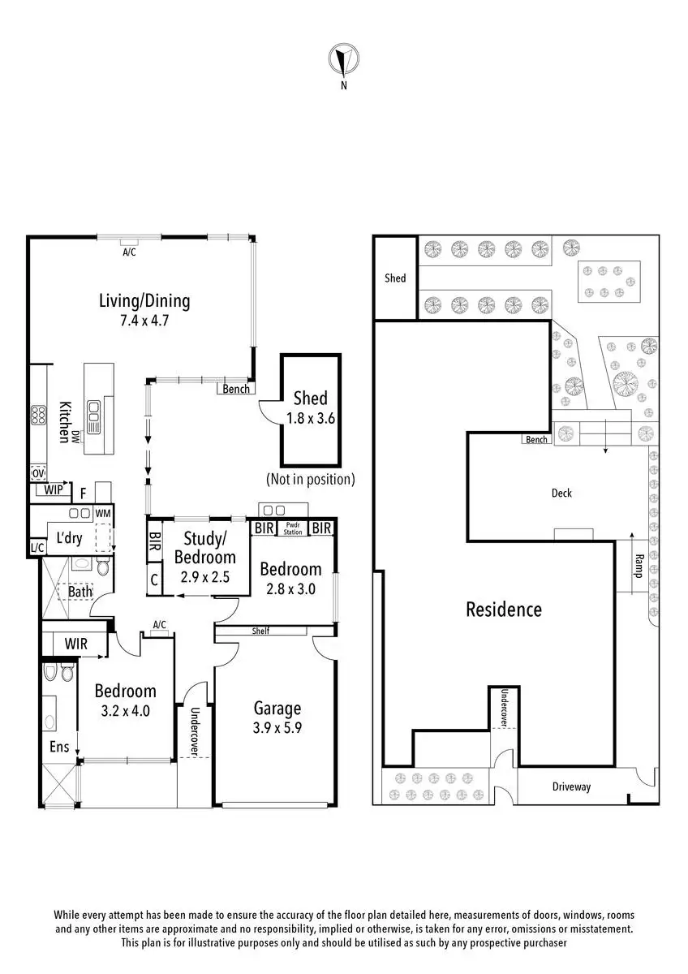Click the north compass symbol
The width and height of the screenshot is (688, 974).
click(x=343, y=60)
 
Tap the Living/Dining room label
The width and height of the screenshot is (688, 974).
click(x=144, y=301)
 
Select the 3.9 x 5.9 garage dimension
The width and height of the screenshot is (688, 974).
click(x=277, y=728)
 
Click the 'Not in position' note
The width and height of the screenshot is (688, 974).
click(x=311, y=479)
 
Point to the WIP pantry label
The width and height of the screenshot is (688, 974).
click(x=54, y=490)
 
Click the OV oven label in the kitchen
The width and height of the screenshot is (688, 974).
click(x=38, y=473)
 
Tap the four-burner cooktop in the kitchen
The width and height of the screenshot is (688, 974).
click(x=38, y=416)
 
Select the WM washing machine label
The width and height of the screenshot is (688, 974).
click(x=103, y=513)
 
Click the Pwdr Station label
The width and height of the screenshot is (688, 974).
click(x=293, y=528)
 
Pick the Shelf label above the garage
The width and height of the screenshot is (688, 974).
click(x=260, y=631)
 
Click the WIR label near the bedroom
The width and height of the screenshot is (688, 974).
click(x=75, y=644)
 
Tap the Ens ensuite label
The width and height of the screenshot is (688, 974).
click(x=59, y=747)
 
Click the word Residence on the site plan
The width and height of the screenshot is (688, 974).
click(x=503, y=609)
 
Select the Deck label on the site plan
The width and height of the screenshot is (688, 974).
click(x=561, y=493)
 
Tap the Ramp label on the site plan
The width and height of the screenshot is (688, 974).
click(x=639, y=566)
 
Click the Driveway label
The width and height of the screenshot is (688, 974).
click(x=571, y=787)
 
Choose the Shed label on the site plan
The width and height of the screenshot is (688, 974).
click(x=395, y=278)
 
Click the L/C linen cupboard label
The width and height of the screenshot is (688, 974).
click(x=37, y=548)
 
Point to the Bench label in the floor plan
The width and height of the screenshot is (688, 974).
click(x=236, y=390)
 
